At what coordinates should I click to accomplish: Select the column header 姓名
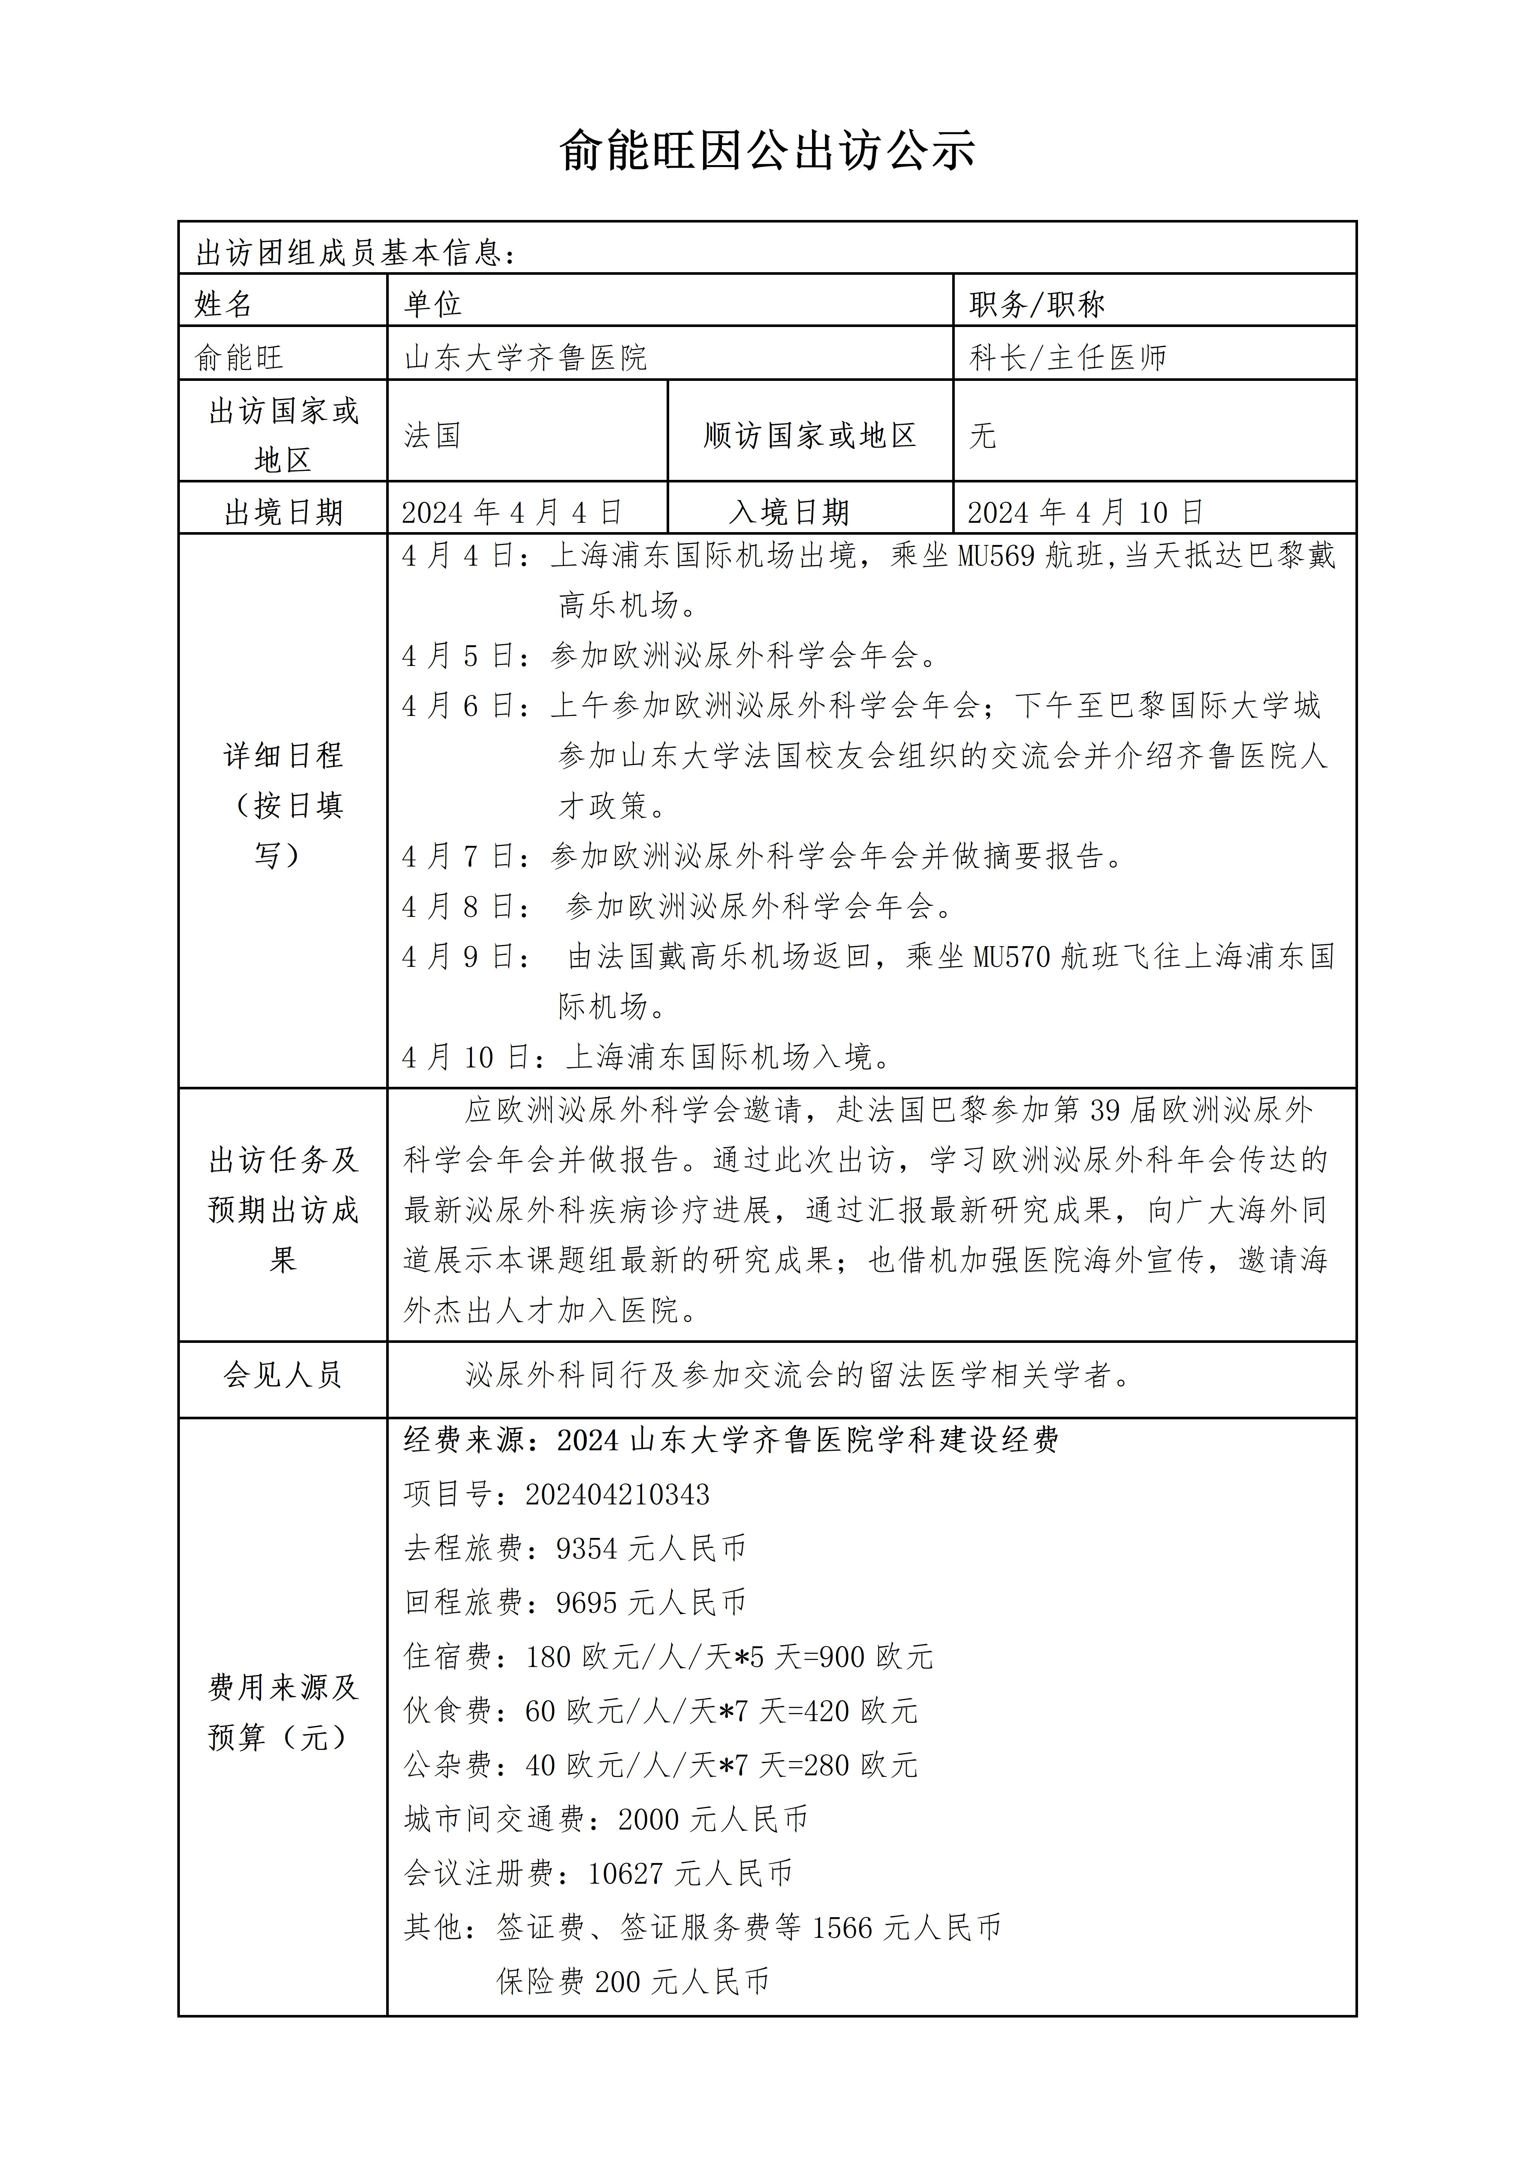point(224,304)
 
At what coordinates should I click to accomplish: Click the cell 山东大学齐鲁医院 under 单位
point(526,357)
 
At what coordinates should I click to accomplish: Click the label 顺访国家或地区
point(810,435)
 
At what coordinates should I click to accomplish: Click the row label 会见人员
point(282,1374)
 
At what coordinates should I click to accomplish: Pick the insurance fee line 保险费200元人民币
point(633,1981)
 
